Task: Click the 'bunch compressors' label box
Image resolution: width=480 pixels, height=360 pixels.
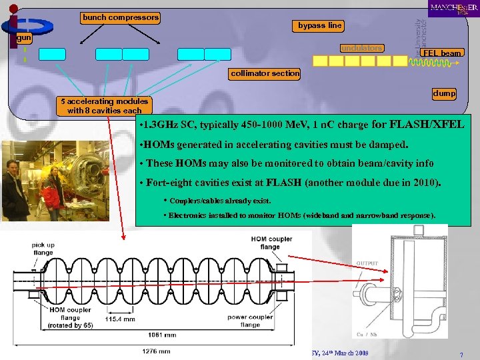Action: [x=121, y=17]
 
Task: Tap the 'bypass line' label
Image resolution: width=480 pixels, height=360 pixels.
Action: [x=320, y=25]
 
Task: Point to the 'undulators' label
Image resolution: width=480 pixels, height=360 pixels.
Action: [x=362, y=48]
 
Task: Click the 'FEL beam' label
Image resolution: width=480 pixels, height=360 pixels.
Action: [x=441, y=53]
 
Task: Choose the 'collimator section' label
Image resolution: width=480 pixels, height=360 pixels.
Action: [x=265, y=73]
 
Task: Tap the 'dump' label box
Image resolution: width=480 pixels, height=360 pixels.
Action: [x=444, y=94]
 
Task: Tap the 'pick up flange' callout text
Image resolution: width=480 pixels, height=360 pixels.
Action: [x=43, y=249]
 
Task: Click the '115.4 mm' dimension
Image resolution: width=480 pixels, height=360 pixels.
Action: [x=120, y=319]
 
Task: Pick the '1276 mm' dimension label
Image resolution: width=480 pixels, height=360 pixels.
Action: [x=156, y=351]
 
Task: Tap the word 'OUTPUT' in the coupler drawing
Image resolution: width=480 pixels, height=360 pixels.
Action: [x=368, y=263]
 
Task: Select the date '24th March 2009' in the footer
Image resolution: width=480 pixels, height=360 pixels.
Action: [x=349, y=351]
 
